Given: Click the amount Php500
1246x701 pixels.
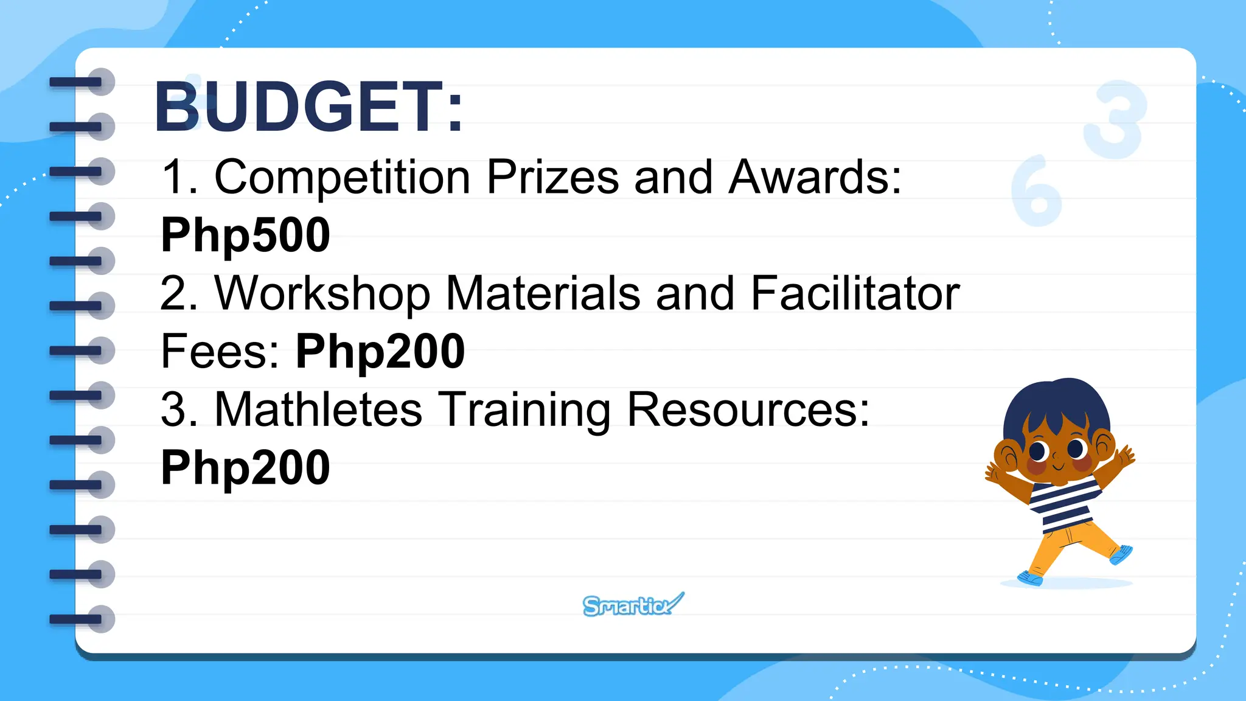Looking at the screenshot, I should (x=245, y=235).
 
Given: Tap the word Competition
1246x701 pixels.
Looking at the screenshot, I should (x=343, y=177).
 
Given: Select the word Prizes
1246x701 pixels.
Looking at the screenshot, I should (x=552, y=177).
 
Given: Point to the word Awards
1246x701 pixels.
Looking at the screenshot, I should (x=815, y=177).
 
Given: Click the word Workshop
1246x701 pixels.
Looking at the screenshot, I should (x=322, y=293).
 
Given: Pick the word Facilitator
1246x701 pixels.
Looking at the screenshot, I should (x=855, y=293).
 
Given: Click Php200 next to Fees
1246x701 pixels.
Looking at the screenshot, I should (x=380, y=352).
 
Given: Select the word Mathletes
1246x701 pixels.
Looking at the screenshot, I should (x=318, y=409).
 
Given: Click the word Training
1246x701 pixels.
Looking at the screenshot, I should (x=525, y=410).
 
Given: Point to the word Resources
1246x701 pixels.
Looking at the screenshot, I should (x=748, y=409).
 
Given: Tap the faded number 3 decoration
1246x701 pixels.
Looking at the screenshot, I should (x=1115, y=119).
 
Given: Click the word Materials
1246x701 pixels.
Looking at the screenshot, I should (x=543, y=293).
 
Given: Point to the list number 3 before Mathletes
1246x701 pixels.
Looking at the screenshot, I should (x=174, y=409).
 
